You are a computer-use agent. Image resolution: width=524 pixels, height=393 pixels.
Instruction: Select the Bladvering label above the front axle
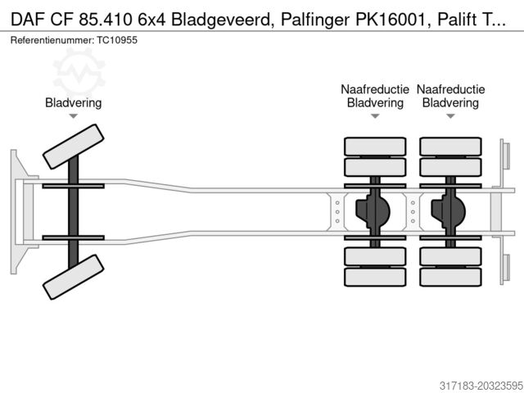pyautogui.click(x=74, y=102)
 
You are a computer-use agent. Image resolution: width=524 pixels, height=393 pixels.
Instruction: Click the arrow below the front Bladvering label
pyautogui.click(x=74, y=117)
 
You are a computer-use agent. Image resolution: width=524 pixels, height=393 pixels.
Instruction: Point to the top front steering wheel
pyautogui.click(x=74, y=146)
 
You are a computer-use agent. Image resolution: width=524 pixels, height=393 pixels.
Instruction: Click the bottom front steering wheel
pyautogui.click(x=74, y=277)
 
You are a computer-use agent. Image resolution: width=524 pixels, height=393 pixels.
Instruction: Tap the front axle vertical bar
pyautogui.click(x=74, y=211)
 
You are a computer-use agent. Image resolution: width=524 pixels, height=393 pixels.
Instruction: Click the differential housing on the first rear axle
pyautogui.click(x=373, y=211)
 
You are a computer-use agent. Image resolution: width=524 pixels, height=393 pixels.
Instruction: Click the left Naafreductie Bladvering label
pyautogui.click(x=375, y=96)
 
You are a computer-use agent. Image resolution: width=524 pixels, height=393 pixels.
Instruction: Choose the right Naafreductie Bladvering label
pyautogui.click(x=450, y=96)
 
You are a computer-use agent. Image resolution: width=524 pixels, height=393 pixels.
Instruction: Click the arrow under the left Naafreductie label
pyautogui.click(x=375, y=117)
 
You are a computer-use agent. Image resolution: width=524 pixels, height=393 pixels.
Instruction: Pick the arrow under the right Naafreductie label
pyautogui.click(x=450, y=117)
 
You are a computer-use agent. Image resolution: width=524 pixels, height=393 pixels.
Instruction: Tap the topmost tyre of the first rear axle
pyautogui.click(x=375, y=147)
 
